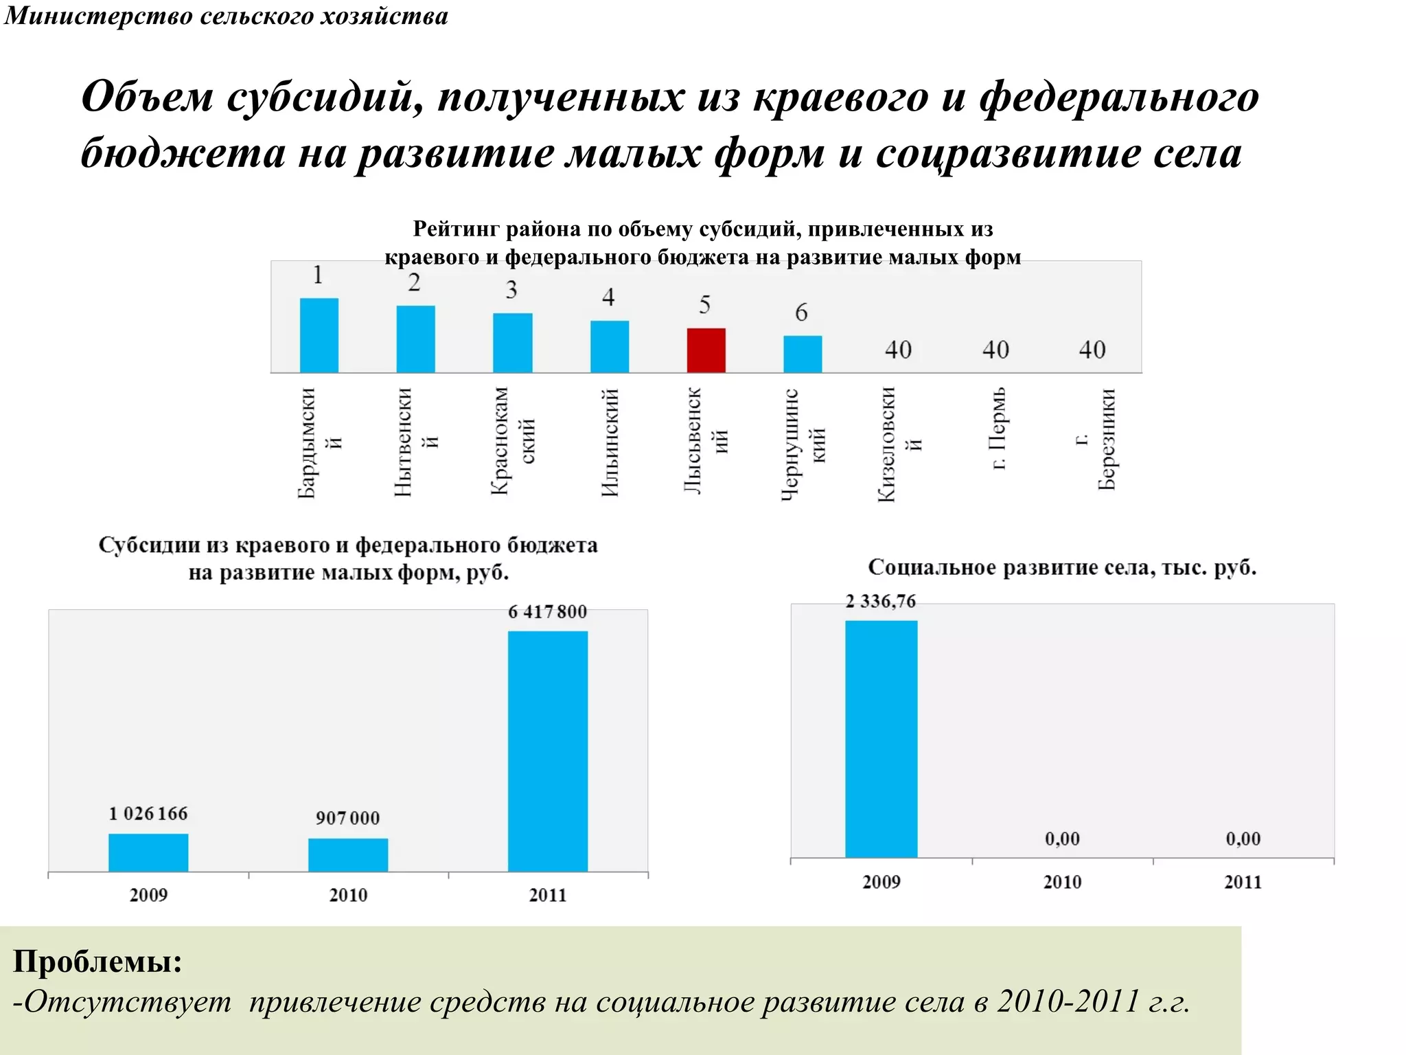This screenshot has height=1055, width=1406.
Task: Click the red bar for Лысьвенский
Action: pos(706,350)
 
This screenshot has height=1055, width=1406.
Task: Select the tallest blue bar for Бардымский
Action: pos(319,335)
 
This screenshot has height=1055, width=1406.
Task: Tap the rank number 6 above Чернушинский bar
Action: pos(801,313)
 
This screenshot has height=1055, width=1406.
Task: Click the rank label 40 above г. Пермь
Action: pos(995,350)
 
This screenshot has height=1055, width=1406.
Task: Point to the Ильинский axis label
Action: pos(610,442)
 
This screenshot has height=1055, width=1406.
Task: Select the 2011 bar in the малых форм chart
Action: pos(548,751)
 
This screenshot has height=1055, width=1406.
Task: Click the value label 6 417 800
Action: pos(547,612)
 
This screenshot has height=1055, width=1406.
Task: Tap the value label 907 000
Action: pos(347,818)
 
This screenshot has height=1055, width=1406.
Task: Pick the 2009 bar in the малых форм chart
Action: pos(148,852)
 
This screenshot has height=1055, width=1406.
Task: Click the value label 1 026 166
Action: pos(148,814)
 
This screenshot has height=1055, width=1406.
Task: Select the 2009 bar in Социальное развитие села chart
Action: pos(881,738)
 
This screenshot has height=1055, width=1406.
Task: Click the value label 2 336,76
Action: pos(881,602)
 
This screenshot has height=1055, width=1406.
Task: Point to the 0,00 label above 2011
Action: pos(1243,839)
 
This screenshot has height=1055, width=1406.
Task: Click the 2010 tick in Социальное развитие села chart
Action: pos(1062,882)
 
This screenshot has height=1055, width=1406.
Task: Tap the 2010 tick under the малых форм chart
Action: pos(348,895)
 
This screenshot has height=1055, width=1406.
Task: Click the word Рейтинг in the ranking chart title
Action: pos(456,229)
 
